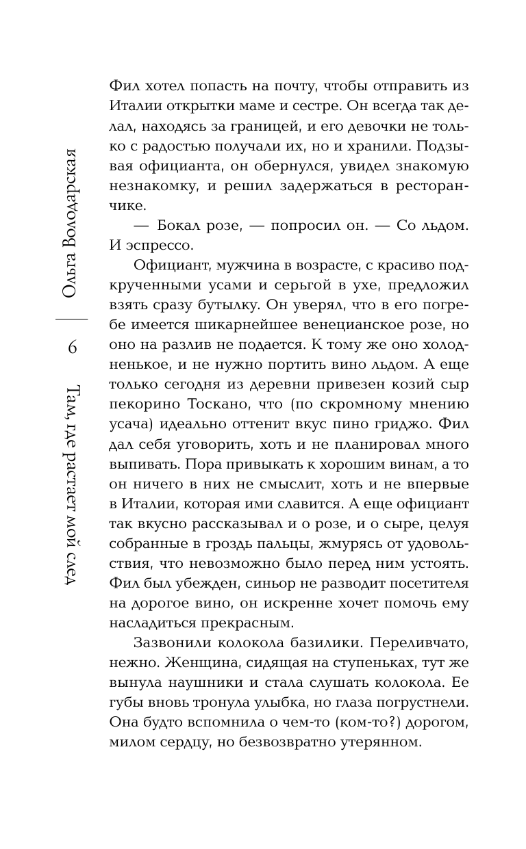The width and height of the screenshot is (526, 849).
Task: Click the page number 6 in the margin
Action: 72,348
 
